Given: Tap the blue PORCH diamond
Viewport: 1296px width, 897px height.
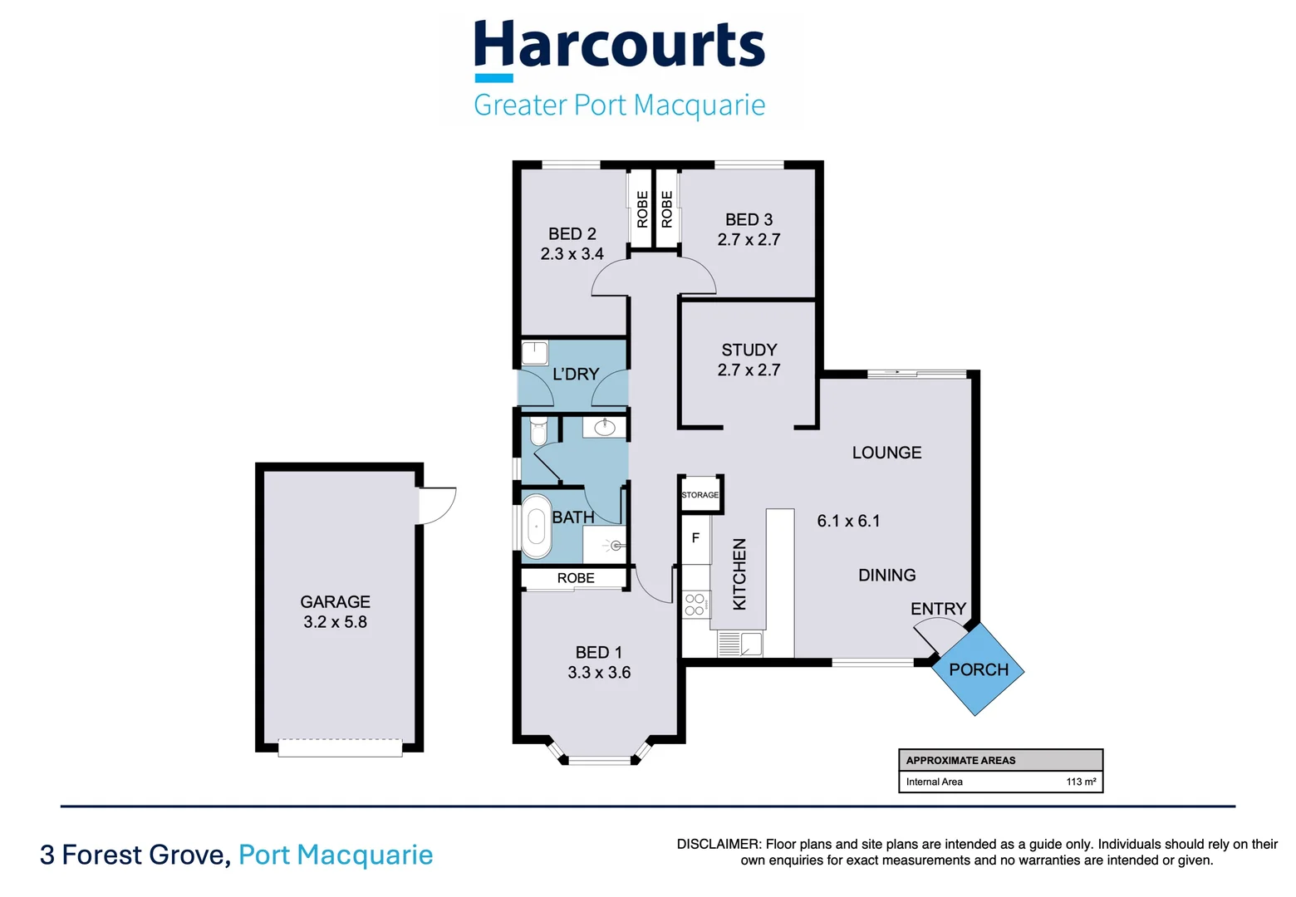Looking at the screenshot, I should tap(978, 669).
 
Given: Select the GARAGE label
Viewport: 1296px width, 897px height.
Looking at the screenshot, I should tap(335, 601).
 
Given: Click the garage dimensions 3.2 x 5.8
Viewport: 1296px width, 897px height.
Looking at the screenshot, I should tap(335, 622).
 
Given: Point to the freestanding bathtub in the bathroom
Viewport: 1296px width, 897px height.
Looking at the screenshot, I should tap(536, 527).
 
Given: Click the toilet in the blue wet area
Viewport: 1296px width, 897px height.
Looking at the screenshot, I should tap(538, 431).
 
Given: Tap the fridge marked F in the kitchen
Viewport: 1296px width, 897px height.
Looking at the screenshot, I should tap(695, 538).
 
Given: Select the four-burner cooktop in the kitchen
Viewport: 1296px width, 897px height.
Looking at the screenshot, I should tap(695, 605).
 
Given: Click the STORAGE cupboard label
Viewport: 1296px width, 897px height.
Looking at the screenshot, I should tap(700, 495).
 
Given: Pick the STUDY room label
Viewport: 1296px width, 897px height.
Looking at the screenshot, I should tap(749, 350).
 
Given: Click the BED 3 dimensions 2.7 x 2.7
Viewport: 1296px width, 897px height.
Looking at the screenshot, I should tap(749, 240).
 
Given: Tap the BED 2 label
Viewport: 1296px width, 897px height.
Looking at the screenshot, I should tap(572, 234).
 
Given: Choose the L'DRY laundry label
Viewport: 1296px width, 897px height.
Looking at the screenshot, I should tap(575, 375).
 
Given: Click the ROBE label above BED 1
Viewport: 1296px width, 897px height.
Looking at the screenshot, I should tap(575, 578).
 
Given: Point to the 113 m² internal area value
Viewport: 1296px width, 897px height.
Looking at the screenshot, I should tap(1081, 782).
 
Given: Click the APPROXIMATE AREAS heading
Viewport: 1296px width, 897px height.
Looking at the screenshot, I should tap(960, 760).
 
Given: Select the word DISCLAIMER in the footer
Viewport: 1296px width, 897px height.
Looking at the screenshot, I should tap(718, 844).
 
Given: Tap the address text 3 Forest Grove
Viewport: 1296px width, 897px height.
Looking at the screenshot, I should tap(135, 855).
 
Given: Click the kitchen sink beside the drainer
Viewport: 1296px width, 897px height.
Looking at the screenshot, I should tap(752, 644).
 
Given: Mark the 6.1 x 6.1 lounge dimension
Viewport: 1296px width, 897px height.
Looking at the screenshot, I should tap(848, 521).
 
